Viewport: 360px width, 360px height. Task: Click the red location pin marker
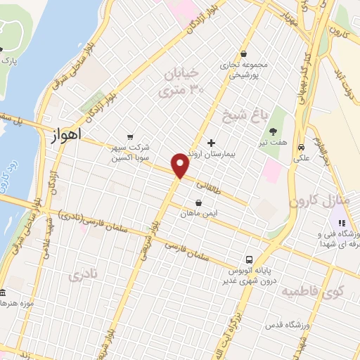pyautogui.click(x=181, y=165)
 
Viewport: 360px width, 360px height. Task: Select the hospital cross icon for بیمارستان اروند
pyautogui.click(x=211, y=143)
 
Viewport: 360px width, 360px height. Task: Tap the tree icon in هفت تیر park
pyautogui.click(x=274, y=131)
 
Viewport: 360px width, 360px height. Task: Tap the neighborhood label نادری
pyautogui.click(x=81, y=275)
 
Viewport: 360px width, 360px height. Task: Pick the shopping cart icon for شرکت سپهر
pyautogui.click(x=129, y=136)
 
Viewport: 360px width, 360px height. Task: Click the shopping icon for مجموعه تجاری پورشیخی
pyautogui.click(x=243, y=53)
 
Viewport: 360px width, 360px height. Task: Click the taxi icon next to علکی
pyautogui.click(x=301, y=148)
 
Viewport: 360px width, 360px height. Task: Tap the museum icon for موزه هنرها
pyautogui.click(x=3, y=292)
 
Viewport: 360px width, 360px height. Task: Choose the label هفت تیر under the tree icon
pyautogui.click(x=274, y=142)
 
